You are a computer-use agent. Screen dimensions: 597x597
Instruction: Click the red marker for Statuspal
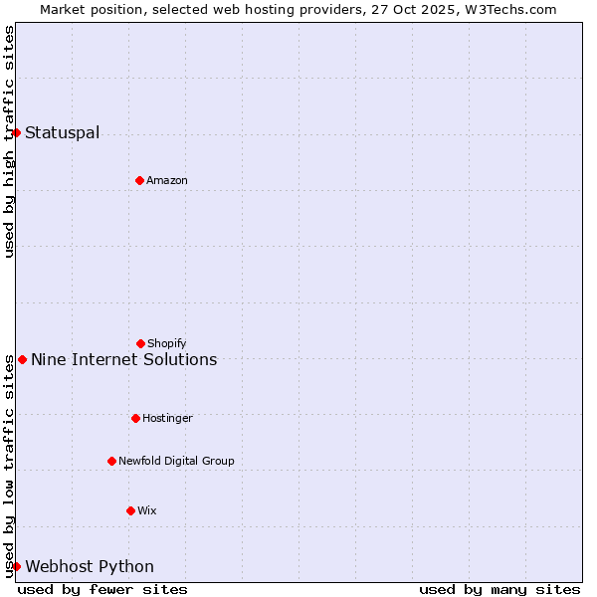coord(16,132)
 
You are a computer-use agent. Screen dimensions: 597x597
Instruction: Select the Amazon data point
coord(139,180)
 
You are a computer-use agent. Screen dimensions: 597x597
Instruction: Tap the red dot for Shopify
coord(140,343)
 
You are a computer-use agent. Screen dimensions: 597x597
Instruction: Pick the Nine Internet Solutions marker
coord(22,359)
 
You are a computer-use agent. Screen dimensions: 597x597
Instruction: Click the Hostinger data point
coord(135,418)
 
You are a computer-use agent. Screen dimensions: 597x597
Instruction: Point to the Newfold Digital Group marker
coord(111,461)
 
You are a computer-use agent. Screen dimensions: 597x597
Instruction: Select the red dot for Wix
coord(130,510)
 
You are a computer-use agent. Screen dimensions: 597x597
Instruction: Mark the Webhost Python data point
coord(16,566)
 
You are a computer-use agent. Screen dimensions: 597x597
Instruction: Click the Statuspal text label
coord(62,132)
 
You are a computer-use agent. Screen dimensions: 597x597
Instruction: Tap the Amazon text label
coord(167,180)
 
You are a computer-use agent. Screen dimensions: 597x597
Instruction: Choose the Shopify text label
coord(167,343)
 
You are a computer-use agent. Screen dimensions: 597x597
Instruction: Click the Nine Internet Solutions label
coord(123,359)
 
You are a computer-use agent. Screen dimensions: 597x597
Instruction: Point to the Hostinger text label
coord(167,418)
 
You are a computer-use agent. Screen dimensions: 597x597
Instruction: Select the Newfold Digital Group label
coord(176,461)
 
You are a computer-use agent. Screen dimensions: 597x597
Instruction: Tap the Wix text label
coord(147,510)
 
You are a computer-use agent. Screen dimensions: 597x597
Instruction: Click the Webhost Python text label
coord(90,566)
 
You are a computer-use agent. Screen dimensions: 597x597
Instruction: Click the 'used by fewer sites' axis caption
coord(102,589)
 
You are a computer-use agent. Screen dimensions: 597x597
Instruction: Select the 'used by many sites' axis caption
coord(499,589)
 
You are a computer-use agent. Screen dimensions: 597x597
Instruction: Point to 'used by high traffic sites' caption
coord(9,141)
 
